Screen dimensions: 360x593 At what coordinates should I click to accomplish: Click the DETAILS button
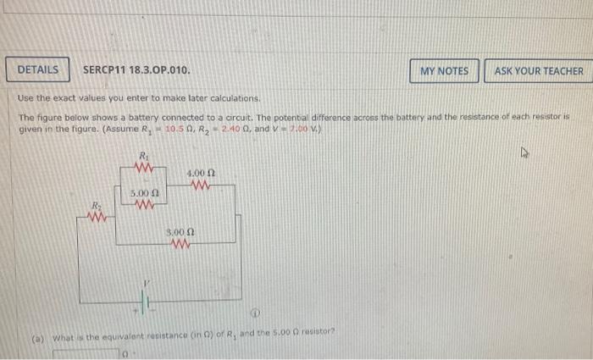[x=38, y=69]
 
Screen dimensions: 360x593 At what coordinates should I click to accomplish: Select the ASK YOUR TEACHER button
[x=539, y=70]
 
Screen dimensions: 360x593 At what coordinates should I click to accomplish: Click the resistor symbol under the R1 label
[x=143, y=167]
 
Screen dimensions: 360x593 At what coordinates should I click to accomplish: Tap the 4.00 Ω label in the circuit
[x=201, y=174]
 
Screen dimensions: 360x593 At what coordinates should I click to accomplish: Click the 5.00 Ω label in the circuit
[x=142, y=194]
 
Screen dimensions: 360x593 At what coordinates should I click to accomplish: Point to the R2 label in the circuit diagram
[x=98, y=205]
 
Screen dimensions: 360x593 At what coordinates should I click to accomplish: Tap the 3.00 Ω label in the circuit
[x=179, y=231]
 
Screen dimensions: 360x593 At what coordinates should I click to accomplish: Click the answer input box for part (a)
[x=85, y=355]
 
